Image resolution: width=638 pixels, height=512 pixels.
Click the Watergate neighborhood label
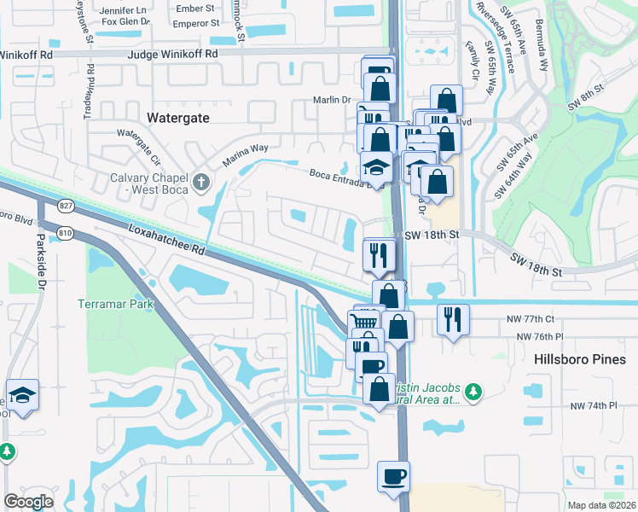pos(178,119)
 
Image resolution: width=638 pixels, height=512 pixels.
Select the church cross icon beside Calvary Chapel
pos(201,181)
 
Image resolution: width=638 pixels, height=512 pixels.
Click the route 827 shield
pos(67,206)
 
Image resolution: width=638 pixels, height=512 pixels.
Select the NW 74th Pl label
pos(593,405)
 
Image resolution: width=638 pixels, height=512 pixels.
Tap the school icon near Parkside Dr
pos(22,395)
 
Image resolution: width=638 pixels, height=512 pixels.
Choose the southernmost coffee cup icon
pos(393,476)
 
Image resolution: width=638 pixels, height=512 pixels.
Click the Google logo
pos(28,501)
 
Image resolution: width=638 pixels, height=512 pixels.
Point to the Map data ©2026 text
pos(600,504)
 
